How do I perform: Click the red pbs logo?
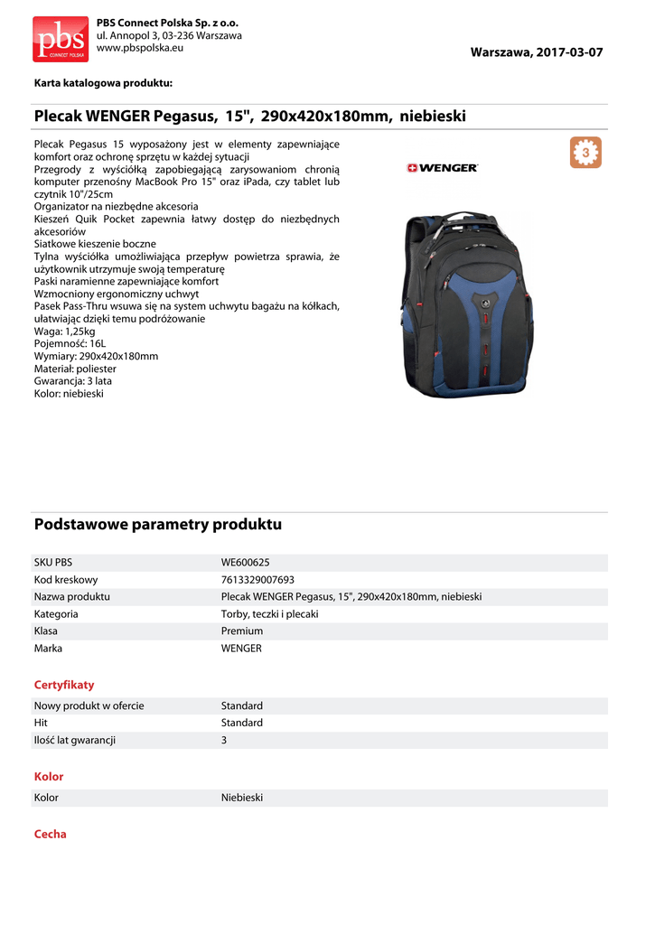(x=61, y=39)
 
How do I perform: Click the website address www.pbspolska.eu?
(x=140, y=48)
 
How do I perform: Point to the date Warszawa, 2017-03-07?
(x=536, y=52)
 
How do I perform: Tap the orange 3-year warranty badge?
(x=585, y=153)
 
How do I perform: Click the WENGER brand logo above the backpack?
(x=443, y=168)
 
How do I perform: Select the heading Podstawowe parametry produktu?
(x=158, y=525)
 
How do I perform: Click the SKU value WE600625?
(x=245, y=562)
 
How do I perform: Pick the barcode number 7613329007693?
(x=257, y=580)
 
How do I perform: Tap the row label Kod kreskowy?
(x=66, y=580)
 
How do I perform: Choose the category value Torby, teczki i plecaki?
(x=269, y=614)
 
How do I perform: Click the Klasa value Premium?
(x=242, y=631)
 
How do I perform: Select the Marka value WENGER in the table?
(x=241, y=649)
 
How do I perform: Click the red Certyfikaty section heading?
(x=64, y=685)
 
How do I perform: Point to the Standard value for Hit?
(x=242, y=723)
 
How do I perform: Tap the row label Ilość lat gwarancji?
(x=75, y=740)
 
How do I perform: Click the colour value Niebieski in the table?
(x=242, y=799)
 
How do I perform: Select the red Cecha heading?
(x=51, y=835)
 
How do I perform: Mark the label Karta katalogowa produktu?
(x=103, y=83)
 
